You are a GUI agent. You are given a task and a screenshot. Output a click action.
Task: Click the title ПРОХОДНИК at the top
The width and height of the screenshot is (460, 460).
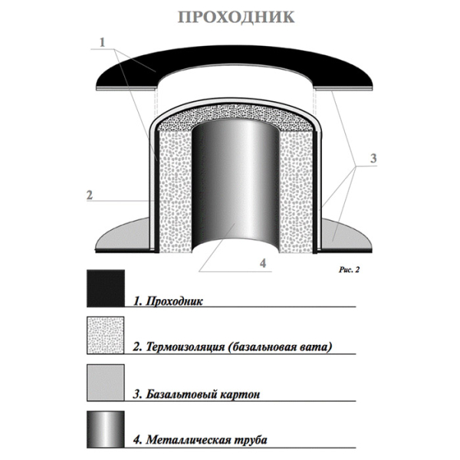point(236,17)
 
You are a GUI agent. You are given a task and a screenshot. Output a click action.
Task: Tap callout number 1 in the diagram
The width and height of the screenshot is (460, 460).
point(103,42)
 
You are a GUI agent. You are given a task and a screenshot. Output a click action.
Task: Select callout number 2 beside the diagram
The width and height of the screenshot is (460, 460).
point(90,195)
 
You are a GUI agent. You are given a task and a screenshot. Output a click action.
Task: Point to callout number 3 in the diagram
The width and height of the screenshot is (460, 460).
point(373,159)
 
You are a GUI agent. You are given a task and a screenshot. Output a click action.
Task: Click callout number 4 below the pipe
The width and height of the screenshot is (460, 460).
point(263,263)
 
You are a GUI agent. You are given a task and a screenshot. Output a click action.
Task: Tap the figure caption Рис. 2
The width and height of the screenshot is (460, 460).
point(349,270)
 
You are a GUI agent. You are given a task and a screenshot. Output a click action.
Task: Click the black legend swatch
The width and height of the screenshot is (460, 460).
point(106,288)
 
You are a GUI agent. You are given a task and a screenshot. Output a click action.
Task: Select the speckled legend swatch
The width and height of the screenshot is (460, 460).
point(106,335)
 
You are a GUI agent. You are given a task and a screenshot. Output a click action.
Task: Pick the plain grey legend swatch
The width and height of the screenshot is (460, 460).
point(106,383)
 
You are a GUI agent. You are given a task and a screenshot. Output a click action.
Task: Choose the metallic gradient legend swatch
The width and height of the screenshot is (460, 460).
point(106,429)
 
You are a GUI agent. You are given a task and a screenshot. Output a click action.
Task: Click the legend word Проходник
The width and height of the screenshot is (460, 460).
point(174,301)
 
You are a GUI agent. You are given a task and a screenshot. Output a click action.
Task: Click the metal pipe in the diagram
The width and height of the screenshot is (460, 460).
point(235,185)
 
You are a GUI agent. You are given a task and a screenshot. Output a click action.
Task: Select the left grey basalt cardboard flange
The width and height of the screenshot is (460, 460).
point(123,235)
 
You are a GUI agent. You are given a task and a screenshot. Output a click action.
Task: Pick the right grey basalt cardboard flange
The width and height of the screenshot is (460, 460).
point(347,235)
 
